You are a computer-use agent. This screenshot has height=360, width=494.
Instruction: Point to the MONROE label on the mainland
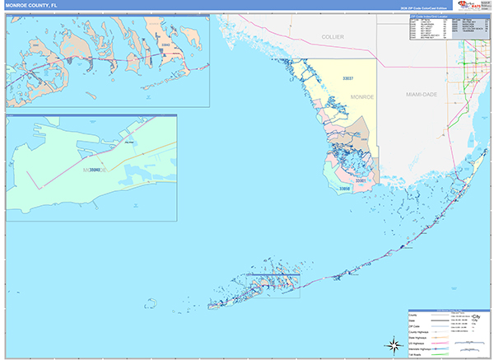pyautogui.click(x=362, y=97)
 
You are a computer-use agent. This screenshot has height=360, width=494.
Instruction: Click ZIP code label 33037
pyautogui.click(x=347, y=78)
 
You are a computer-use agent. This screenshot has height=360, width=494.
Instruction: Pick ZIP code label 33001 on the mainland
pyautogui.click(x=360, y=180)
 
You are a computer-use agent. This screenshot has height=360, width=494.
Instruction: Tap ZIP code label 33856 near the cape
pyautogui.click(x=344, y=189)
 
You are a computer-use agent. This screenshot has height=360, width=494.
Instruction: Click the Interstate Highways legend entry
pyautogui.click(x=422, y=348)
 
